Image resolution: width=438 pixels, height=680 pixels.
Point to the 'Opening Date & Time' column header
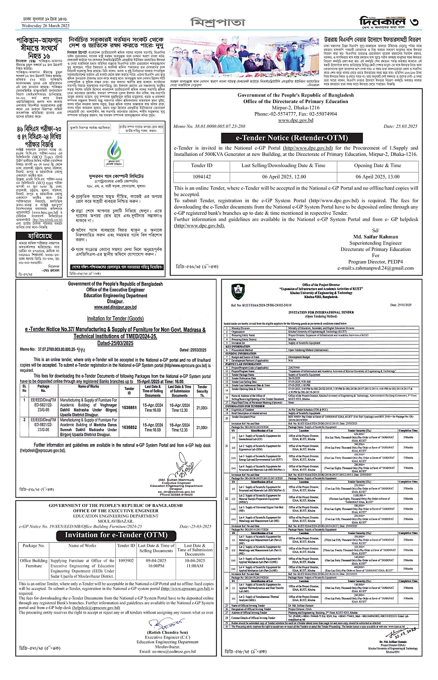[x=384, y=165]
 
